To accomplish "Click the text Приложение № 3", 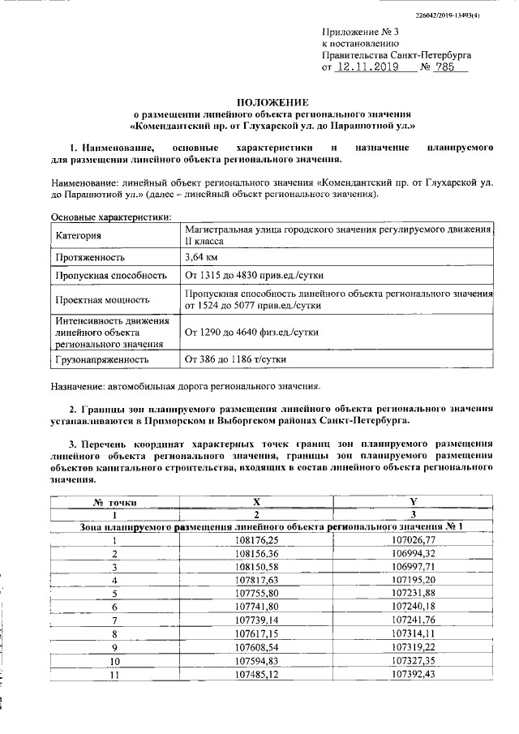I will tap(354, 32).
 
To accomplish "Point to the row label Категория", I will tap(79, 236).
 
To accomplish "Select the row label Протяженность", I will tap(90, 258).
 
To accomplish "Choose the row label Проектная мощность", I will tap(102, 299).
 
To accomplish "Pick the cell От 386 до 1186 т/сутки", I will tap(235, 358).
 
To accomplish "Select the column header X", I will tap(256, 501).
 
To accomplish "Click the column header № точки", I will tap(115, 501).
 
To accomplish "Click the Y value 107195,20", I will tap(413, 580).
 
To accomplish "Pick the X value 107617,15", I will tap(256, 633).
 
